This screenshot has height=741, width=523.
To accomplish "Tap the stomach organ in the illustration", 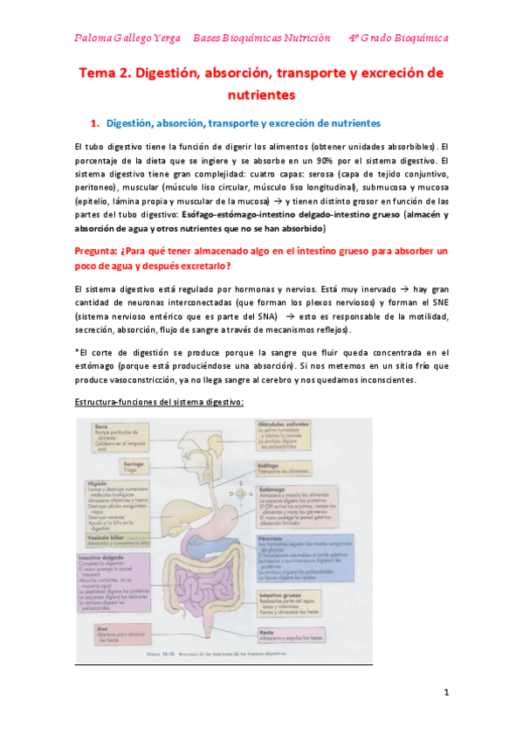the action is [230, 521].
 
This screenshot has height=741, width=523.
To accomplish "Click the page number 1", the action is [445, 693].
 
